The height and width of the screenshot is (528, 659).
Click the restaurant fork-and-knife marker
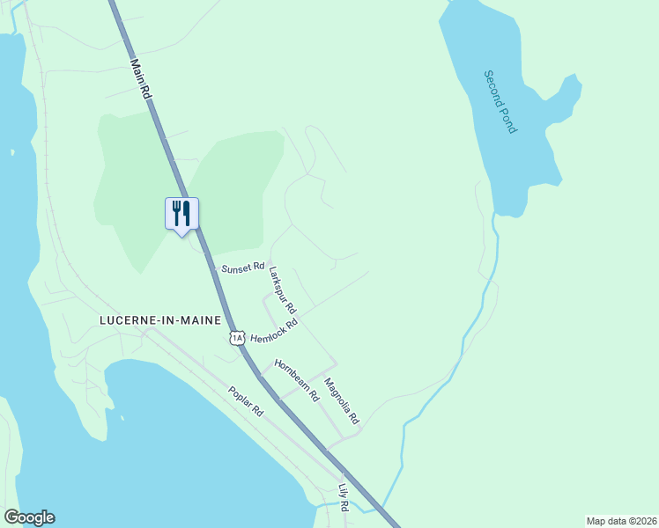click(182, 214)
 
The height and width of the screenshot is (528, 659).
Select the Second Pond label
click(500, 101)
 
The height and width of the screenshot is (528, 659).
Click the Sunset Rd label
click(243, 267)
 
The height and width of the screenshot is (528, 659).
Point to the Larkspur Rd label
click(283, 290)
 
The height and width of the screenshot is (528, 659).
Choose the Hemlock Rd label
click(275, 331)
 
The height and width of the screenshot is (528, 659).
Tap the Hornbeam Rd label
click(296, 380)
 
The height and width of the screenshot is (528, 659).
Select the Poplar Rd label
click(246, 401)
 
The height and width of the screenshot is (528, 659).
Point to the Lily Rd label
click(344, 497)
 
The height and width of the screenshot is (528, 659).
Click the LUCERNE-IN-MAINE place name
click(159, 320)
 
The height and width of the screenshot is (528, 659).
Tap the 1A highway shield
click(236, 337)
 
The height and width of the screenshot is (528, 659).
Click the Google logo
click(29, 517)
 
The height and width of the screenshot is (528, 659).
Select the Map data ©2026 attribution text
click(620, 521)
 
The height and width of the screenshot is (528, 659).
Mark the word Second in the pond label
click(495, 87)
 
